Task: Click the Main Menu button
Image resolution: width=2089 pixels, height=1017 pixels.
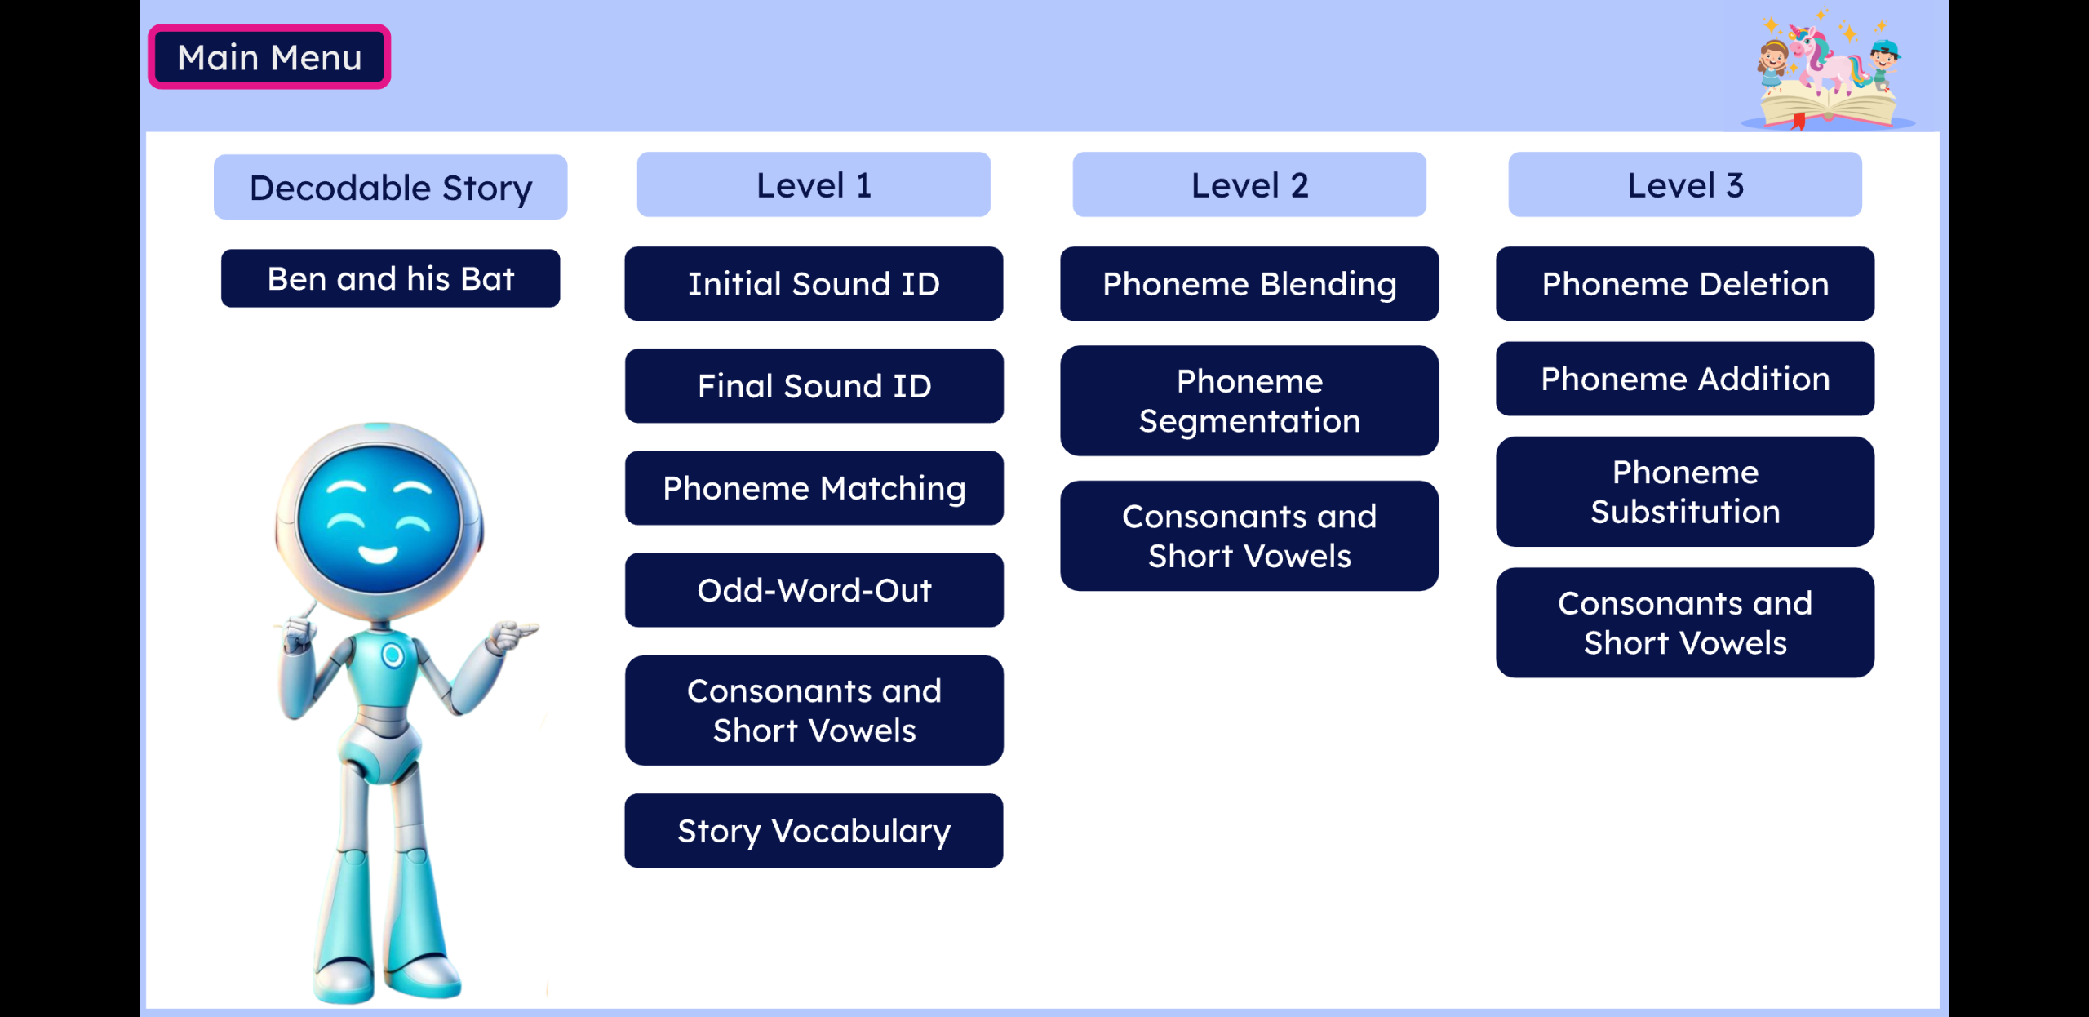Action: [269, 57]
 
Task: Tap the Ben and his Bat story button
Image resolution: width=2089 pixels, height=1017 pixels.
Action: [390, 278]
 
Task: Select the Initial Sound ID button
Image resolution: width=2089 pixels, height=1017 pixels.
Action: [814, 284]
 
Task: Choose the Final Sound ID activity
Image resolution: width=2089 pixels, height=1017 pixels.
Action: [814, 386]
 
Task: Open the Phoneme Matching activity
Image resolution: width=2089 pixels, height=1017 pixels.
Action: [814, 488]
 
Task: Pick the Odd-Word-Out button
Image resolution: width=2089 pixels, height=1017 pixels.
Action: [814, 590]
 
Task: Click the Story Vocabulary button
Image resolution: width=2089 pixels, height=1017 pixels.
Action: [814, 831]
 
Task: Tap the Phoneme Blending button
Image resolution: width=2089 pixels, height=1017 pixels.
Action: [1249, 284]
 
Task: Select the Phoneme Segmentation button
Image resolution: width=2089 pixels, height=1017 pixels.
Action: [1249, 401]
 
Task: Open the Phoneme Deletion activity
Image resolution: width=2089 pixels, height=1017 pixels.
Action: [1685, 284]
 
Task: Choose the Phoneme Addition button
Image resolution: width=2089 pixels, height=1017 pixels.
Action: [1685, 379]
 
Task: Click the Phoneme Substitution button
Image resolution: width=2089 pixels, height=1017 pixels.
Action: [1685, 491]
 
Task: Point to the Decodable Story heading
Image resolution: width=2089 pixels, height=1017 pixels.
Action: [390, 187]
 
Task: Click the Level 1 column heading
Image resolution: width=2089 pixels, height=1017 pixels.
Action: [814, 185]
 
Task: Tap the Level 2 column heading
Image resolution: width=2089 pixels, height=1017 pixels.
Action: [1249, 185]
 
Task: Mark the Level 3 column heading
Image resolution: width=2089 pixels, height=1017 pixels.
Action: [1685, 185]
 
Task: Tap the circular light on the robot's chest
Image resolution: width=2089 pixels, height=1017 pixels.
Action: [393, 655]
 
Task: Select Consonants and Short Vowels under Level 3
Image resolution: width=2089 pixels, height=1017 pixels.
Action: [1685, 623]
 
